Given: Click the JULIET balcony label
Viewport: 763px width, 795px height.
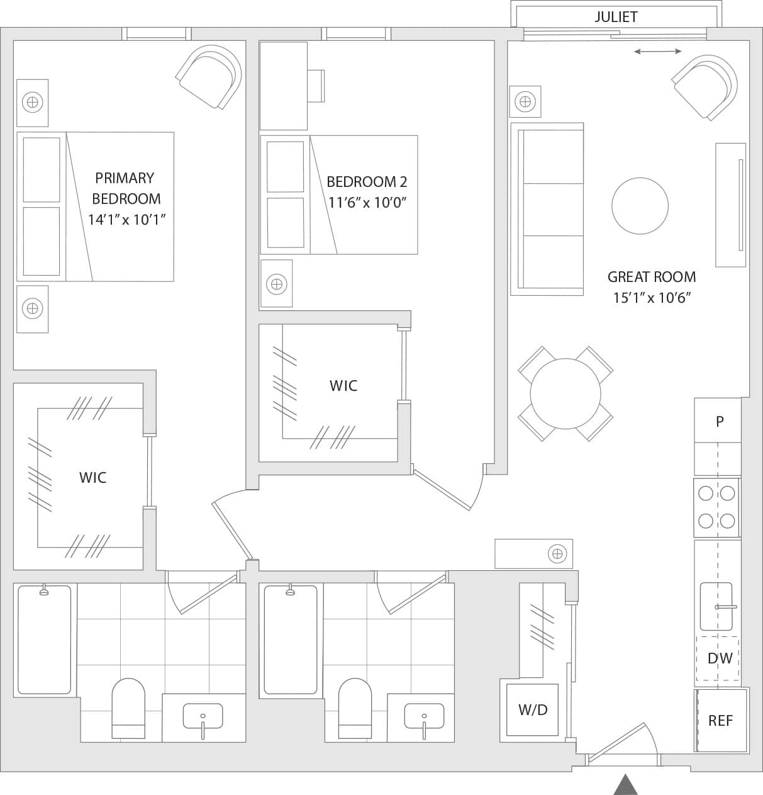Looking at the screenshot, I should coord(615,17).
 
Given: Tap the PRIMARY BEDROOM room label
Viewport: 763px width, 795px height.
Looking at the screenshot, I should coord(126,188).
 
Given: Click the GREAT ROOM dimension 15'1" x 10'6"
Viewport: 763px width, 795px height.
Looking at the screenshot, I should coord(652,298).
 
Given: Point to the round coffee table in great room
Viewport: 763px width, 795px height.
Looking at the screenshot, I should coord(640,206).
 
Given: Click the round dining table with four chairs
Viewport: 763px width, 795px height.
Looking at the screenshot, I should coord(565,393).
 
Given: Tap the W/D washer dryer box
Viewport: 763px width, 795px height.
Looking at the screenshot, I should coord(533,710).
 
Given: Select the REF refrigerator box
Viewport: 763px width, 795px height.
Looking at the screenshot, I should coord(721,720).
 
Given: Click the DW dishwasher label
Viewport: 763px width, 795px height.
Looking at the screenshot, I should coord(720,658).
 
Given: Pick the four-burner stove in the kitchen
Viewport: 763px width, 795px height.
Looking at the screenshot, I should coord(716,507).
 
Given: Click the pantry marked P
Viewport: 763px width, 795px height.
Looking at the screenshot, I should coord(718,421).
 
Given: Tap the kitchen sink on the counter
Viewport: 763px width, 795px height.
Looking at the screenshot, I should coord(716,606).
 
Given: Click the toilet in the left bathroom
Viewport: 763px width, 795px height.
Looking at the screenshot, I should coord(128,708).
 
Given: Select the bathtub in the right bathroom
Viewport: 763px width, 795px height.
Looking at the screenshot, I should coord(290,639).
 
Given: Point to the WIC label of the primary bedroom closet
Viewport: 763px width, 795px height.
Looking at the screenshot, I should coord(92,478).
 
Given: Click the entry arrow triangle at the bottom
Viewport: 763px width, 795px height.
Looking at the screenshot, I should coord(625,785).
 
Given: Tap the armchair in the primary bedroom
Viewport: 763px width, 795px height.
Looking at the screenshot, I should coord(209,76).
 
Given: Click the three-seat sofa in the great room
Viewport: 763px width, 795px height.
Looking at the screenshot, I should coord(547,209).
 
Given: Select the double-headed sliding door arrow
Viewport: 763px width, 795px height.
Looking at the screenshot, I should coord(657,52).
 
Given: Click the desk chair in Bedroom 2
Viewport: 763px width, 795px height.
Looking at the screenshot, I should coord(316,86).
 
